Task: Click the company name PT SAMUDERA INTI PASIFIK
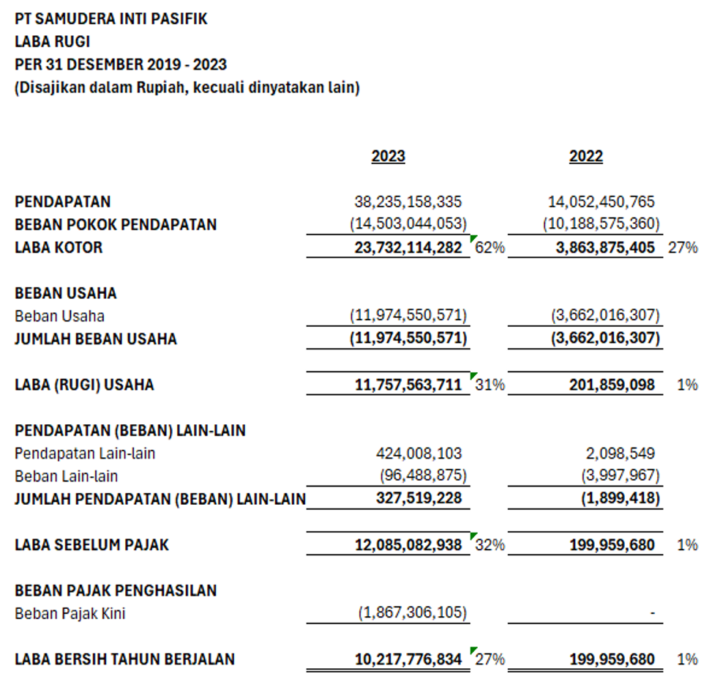[x=110, y=19]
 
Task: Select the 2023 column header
[x=388, y=156]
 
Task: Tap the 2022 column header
[x=586, y=156]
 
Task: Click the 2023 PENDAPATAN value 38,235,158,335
[x=408, y=201]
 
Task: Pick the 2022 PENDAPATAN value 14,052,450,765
[x=601, y=201]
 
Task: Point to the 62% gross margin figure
[x=490, y=248]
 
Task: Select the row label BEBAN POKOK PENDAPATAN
[x=116, y=224]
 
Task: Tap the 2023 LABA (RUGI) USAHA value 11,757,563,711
[x=408, y=385]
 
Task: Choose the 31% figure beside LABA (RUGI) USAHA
[x=490, y=385]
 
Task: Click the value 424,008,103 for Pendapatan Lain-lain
[x=419, y=454]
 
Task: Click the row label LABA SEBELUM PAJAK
[x=91, y=545]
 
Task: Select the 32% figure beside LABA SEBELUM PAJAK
[x=490, y=545]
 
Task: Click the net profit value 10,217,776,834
[x=408, y=659]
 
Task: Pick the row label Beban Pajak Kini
[x=70, y=613]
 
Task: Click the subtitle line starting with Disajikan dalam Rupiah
[x=187, y=88]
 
